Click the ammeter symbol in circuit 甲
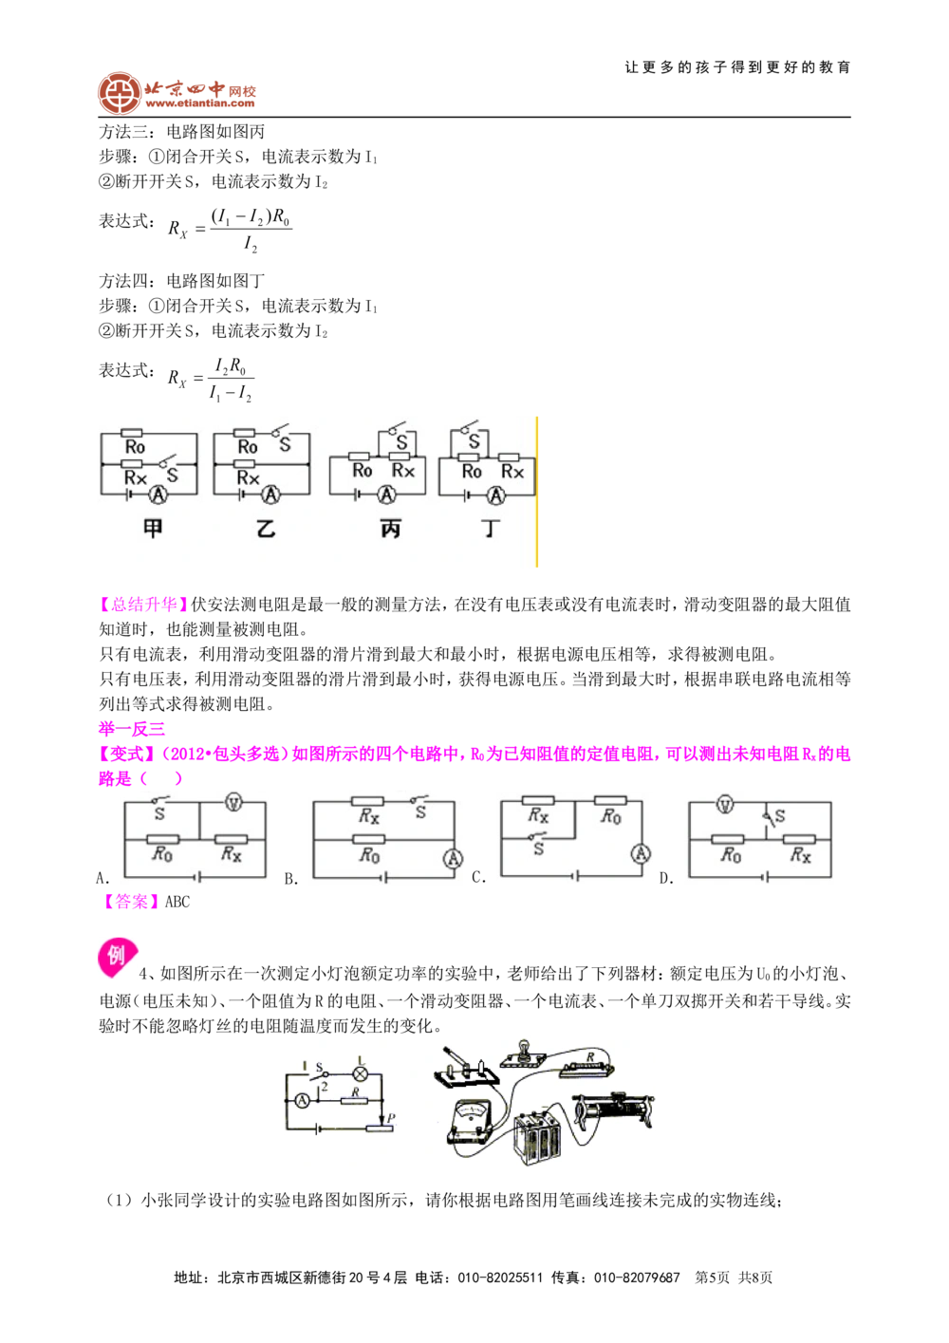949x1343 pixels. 159,495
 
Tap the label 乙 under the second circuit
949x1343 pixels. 266,529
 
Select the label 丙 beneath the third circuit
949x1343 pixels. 390,529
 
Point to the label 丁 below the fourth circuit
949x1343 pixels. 490,529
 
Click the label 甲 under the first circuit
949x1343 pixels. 152,529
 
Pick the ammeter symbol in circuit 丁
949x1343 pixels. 494,494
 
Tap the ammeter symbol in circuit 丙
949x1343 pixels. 385,494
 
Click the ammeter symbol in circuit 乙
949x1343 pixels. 271,494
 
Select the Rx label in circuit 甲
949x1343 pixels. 136,477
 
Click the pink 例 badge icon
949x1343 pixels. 117,958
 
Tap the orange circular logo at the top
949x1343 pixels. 119,93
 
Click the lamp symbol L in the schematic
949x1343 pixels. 360,1073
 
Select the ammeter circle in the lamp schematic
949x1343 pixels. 301,1101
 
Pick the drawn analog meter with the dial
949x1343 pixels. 474,1126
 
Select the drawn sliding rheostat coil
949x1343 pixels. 612,1109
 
